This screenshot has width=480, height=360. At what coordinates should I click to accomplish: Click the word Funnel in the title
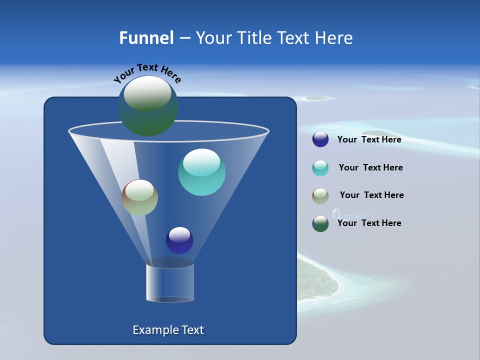[x=146, y=38]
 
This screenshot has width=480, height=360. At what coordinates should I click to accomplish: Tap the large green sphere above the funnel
[x=147, y=106]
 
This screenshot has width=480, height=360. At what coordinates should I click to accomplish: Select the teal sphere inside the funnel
[x=201, y=172]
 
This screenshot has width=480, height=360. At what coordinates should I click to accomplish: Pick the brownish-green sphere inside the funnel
[x=139, y=197]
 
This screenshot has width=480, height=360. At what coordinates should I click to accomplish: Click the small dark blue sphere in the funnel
[x=179, y=240]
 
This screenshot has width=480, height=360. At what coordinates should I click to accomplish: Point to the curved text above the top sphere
[x=147, y=72]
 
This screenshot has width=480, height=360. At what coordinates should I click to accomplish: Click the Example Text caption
[x=168, y=330]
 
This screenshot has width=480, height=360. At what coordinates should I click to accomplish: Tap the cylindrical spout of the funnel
[x=169, y=282]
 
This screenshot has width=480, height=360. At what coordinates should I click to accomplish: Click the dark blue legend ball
[x=320, y=139]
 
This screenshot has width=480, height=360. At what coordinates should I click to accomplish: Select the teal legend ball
[x=320, y=168]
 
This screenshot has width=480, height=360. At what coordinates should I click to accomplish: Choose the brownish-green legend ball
[x=320, y=196]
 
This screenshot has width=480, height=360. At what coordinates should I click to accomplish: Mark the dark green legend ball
[x=320, y=223]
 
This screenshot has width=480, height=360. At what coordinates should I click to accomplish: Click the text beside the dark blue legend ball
[x=369, y=140]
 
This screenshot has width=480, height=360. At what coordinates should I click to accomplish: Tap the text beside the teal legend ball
[x=370, y=168]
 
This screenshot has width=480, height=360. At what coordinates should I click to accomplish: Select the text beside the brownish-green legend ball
[x=371, y=195]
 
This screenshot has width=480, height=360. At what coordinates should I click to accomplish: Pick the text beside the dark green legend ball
[x=369, y=223]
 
